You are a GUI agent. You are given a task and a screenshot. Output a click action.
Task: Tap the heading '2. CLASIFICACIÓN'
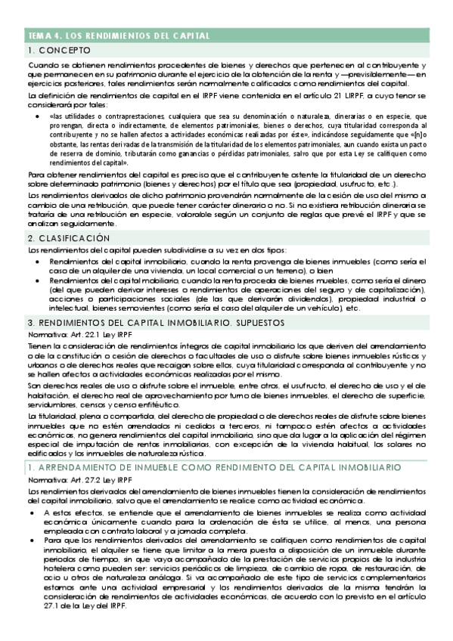(70, 238)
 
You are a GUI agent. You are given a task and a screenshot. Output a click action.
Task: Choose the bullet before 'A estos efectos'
(34, 512)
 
